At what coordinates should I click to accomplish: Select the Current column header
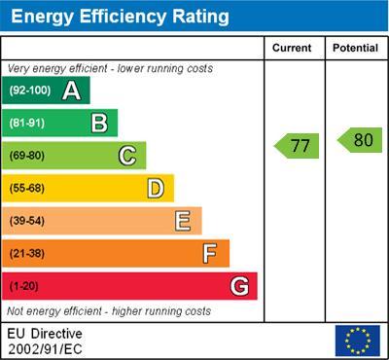click(x=292, y=48)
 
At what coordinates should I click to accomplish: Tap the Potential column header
click(x=355, y=48)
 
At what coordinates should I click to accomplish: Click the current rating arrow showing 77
click(x=297, y=147)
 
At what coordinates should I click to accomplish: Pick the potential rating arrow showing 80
click(x=359, y=140)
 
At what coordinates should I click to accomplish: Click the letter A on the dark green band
click(x=71, y=90)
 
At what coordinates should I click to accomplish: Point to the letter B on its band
click(x=99, y=123)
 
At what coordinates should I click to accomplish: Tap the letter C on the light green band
click(x=127, y=156)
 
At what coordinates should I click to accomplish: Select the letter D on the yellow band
click(x=156, y=188)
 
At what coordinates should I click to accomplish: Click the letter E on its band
click(x=183, y=221)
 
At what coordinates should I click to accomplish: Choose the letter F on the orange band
click(x=210, y=254)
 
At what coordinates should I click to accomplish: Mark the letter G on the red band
click(x=239, y=287)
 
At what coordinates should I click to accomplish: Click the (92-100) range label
click(x=30, y=90)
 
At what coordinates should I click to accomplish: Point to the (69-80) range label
click(x=28, y=156)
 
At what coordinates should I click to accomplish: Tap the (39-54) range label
click(x=28, y=221)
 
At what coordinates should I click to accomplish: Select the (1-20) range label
click(x=24, y=287)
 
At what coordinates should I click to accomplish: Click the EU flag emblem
click(x=357, y=341)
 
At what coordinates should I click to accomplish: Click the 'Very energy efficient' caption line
click(x=110, y=69)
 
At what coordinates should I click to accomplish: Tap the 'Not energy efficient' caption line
click(x=109, y=311)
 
